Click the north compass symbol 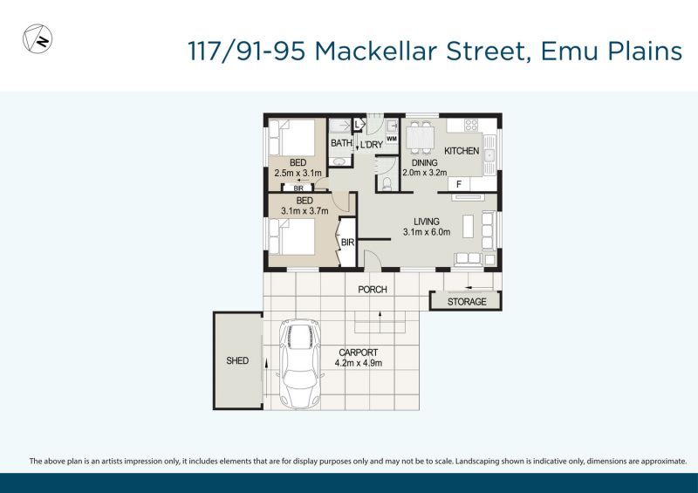[x=38, y=39]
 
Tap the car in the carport [x=299, y=364]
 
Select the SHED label [x=237, y=360]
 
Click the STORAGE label [x=467, y=302]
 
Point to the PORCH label [x=373, y=290]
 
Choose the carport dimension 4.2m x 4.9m [x=359, y=363]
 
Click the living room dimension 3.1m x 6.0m [x=427, y=232]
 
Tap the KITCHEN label [x=462, y=151]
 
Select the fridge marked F [x=459, y=184]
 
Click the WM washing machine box [x=392, y=139]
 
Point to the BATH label [x=341, y=143]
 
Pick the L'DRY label [x=372, y=145]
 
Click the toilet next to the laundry [x=387, y=183]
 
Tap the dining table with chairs [x=421, y=138]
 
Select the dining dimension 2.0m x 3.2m [x=425, y=173]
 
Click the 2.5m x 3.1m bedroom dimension [x=298, y=174]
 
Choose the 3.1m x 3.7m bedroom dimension [x=305, y=211]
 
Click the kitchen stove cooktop [x=471, y=125]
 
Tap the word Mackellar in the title [x=376, y=51]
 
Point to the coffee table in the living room [x=468, y=226]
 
